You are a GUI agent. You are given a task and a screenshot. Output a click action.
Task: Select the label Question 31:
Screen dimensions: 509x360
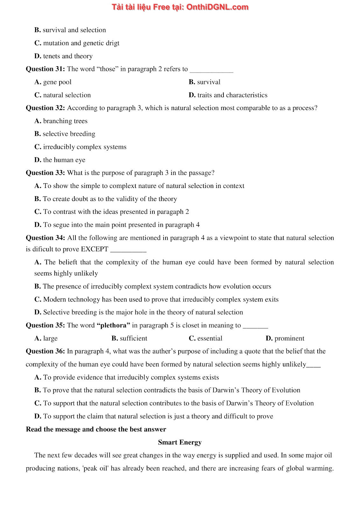(x=45, y=69)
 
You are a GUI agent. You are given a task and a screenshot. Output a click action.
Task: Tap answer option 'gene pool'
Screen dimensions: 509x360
(x=57, y=82)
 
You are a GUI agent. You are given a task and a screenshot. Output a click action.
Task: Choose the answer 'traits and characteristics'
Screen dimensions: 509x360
(x=232, y=95)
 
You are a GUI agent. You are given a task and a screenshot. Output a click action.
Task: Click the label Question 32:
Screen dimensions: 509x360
(x=45, y=108)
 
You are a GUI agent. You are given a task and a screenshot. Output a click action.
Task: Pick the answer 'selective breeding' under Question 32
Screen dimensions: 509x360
(x=69, y=134)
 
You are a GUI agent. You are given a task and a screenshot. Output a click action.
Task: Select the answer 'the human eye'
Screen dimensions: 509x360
(x=64, y=160)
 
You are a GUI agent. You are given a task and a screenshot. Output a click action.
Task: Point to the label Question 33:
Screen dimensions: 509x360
(x=45, y=173)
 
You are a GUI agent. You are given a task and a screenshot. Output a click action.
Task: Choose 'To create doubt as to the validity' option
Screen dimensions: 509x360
(x=110, y=199)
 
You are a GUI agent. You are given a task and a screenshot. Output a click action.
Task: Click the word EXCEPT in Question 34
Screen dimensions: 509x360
(x=95, y=249)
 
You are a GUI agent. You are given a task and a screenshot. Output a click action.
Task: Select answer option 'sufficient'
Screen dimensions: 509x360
(x=133, y=338)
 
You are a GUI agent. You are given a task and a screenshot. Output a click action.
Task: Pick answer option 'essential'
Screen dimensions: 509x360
(x=209, y=338)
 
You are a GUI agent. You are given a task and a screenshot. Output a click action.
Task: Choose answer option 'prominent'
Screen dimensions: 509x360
(x=289, y=338)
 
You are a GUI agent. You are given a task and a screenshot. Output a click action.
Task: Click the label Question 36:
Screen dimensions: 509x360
(x=45, y=352)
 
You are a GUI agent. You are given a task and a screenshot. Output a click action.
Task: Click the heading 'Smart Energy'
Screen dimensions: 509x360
(x=180, y=443)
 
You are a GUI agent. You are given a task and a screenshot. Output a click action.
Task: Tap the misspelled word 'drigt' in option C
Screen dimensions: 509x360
(x=112, y=43)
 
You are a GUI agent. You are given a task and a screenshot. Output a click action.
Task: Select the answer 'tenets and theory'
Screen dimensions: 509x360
(x=67, y=56)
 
